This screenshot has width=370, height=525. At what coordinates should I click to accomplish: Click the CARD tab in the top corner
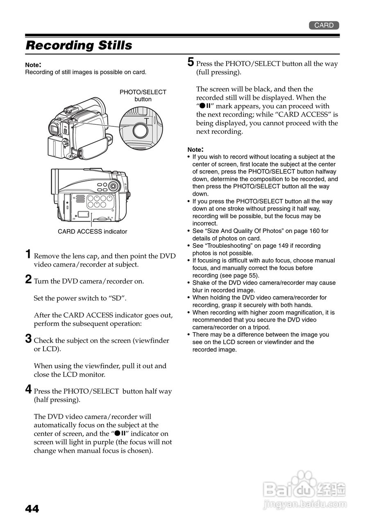pos(324,25)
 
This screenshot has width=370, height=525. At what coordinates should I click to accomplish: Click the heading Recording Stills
pos(79,46)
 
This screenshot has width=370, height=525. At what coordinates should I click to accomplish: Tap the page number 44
pos(32,509)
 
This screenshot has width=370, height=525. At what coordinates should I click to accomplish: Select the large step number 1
pos(28,254)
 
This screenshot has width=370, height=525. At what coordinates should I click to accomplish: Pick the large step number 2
pos(28,280)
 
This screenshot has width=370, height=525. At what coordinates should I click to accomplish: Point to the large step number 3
pos(28,339)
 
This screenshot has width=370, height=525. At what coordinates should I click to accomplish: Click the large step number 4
pos(28,389)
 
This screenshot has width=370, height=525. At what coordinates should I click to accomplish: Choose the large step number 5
pos(191,62)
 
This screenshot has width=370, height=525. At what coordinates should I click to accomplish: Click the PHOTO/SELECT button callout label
pos(143,96)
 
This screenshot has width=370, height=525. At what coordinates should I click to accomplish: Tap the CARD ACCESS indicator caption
pos(92,232)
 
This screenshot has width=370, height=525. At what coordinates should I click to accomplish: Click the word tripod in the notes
pos(260,327)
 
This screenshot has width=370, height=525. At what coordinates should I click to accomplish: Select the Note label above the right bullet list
pos(195,150)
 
